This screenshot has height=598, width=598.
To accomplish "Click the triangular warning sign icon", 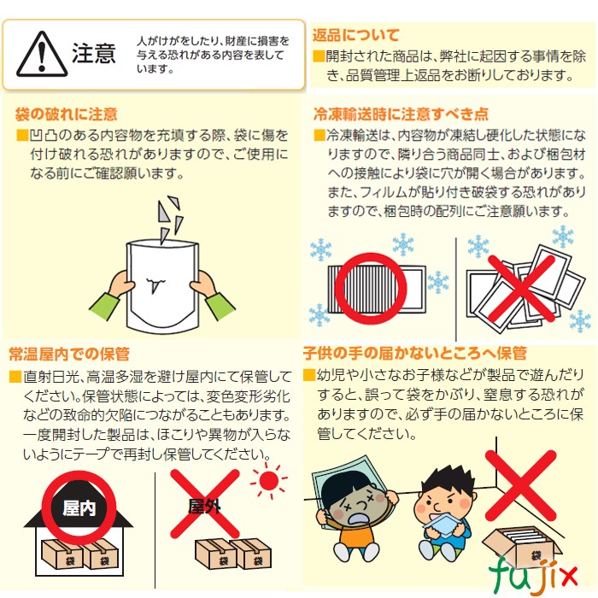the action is coord(42,54).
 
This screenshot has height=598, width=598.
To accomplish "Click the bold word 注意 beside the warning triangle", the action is coord(93,53).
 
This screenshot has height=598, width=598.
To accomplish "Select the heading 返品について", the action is coord(356,35).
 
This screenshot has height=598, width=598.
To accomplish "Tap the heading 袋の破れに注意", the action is coord(66,114).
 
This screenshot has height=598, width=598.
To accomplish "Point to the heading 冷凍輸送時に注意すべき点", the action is coord(401,114).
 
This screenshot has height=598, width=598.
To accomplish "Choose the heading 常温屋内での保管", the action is coord(69,354).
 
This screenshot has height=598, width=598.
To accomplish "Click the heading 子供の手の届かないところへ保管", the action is coord(415,353).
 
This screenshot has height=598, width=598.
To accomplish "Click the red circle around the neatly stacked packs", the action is coord(370,289).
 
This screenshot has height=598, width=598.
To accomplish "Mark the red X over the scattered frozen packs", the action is coord(521,289).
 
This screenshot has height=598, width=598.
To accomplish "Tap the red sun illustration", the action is coord(269,480).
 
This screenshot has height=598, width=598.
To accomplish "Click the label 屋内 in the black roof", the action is coord(79,508).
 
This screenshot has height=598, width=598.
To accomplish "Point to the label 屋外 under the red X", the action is coord(204,507).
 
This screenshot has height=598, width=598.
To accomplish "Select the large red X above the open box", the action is coord(520,485).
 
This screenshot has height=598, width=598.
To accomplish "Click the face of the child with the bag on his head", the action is coord(355,503).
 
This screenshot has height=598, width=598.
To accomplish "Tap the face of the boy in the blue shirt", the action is coord(445,501).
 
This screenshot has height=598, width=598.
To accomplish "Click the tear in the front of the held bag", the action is coord(155,284).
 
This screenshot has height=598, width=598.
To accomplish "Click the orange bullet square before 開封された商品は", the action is coord(319,56).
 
